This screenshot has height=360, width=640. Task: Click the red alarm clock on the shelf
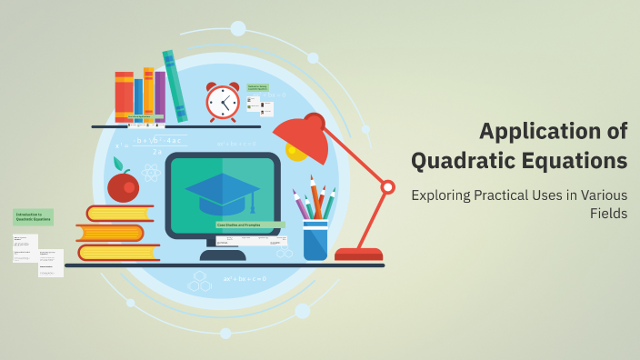click(x=222, y=103)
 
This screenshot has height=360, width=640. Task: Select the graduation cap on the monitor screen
click(x=222, y=190)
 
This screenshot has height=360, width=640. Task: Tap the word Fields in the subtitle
click(x=609, y=215)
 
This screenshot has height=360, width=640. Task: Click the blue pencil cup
click(x=315, y=239)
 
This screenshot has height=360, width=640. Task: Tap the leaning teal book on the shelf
click(x=175, y=85)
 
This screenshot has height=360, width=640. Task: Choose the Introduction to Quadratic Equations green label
click(x=34, y=217)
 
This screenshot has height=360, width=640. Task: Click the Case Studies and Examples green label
click(x=250, y=225)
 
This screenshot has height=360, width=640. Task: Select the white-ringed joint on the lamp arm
click(x=387, y=187)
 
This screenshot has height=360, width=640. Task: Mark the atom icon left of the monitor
click(x=151, y=172)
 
